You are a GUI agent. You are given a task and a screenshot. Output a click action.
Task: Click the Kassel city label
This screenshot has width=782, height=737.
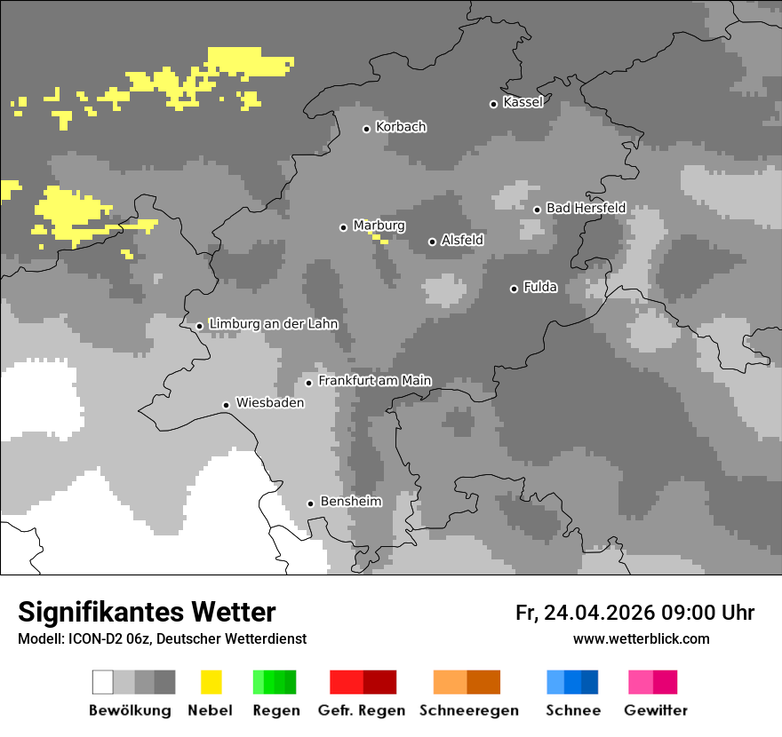click(523, 102)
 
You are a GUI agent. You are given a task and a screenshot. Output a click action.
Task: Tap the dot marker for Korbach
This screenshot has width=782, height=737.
click(366, 129)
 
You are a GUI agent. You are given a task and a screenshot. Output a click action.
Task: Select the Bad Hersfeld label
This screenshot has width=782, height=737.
click(586, 208)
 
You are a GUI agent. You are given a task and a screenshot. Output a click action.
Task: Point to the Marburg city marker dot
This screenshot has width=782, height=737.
click(343, 227)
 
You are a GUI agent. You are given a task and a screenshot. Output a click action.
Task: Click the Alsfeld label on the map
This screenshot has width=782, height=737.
click(462, 241)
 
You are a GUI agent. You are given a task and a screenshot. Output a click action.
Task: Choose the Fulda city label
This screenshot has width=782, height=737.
click(540, 287)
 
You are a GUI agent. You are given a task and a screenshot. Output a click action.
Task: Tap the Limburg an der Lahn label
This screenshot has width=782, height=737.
click(273, 324)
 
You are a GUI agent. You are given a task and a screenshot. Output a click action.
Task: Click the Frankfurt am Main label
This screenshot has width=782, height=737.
click(374, 381)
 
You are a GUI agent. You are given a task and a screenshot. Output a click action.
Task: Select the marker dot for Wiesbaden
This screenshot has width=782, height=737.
click(227, 405)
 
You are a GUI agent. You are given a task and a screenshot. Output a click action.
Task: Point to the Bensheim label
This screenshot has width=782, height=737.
click(350, 502)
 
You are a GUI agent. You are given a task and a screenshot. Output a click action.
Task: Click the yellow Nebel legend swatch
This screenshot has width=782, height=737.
click(211, 682)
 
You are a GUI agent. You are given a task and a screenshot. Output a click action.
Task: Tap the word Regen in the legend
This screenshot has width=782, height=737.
click(275, 710)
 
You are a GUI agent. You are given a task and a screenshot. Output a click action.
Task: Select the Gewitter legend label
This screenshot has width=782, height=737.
click(656, 710)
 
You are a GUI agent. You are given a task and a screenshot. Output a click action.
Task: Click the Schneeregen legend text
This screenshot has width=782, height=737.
click(469, 710)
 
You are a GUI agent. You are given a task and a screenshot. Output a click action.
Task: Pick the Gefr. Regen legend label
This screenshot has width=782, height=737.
click(362, 710)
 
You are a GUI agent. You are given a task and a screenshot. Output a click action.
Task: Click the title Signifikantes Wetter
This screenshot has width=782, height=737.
click(147, 612)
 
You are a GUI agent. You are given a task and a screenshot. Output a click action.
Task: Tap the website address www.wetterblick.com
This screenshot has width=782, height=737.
click(641, 638)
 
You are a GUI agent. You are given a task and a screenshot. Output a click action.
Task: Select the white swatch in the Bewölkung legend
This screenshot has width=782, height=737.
click(103, 682)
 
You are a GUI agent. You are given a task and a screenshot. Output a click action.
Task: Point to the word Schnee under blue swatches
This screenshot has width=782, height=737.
click(573, 710)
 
